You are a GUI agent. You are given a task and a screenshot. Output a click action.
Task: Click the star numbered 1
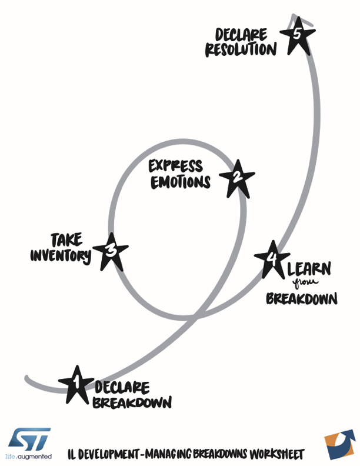tap(76, 385)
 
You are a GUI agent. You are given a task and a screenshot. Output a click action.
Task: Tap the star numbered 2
tap(236, 178)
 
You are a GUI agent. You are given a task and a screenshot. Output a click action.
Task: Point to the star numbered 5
tap(297, 35)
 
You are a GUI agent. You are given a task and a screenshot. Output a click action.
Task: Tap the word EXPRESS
tap(175, 166)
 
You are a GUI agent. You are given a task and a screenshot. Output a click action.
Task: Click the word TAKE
tap(66, 239)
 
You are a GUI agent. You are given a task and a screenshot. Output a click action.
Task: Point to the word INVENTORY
tap(61, 255)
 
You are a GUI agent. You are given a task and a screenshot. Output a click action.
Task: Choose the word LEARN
tap(309, 270)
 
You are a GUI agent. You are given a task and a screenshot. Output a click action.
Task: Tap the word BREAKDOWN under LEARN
tap(301, 298)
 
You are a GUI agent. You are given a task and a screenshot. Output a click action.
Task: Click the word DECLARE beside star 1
tap(122, 388)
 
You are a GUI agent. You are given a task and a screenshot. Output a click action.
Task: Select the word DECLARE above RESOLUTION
tap(241, 34)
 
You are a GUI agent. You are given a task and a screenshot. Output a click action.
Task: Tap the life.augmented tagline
tap(29, 457)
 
